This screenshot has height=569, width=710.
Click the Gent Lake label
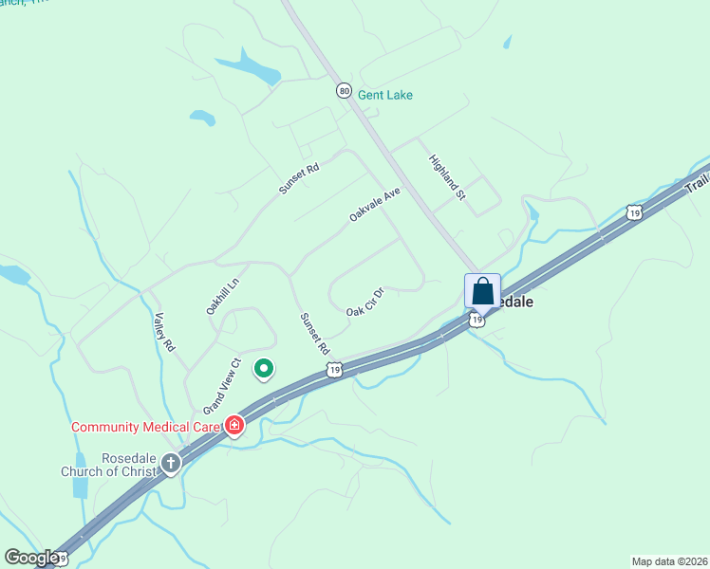pyautogui.click(x=384, y=95)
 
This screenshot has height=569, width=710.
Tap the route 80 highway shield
pyautogui.click(x=343, y=90)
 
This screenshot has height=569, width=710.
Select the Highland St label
pyautogui.click(x=448, y=177)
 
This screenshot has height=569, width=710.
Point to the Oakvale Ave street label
pyautogui.click(x=375, y=204)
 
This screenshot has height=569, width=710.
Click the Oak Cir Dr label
pyautogui.click(x=364, y=303)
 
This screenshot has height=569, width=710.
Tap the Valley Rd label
pyautogui.click(x=164, y=333)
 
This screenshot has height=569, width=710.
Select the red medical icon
pyautogui.click(x=234, y=425)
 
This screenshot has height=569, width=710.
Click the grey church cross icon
pyautogui.click(x=171, y=463)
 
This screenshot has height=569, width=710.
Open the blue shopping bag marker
pyautogui.click(x=482, y=290)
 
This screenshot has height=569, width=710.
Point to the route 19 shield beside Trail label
pyautogui.click(x=634, y=211)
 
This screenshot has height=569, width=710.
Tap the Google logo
pyautogui.click(x=31, y=558)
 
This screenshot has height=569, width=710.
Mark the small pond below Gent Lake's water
pyautogui.click(x=202, y=118)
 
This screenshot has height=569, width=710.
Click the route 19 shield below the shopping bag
pyautogui.click(x=477, y=321)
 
